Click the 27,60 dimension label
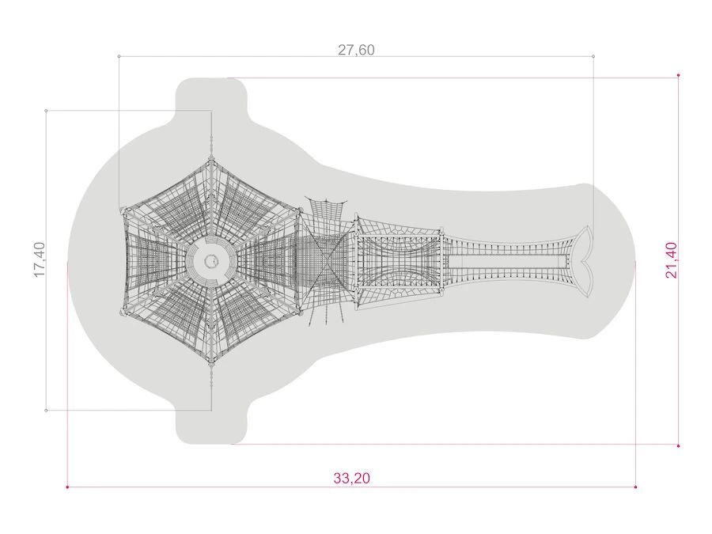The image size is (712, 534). [x=356, y=50]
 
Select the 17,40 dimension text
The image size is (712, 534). [x=40, y=259]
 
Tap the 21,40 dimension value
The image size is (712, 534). [x=671, y=259]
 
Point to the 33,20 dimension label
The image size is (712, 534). [x=351, y=478]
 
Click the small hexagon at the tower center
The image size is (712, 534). [x=210, y=261]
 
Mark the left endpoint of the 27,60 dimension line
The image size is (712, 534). [x=119, y=56]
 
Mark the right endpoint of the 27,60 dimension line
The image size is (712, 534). [x=593, y=56]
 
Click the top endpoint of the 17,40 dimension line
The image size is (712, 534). [x=46, y=110]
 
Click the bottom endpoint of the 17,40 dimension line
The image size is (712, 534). [x=46, y=411]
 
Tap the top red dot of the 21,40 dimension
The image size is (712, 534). [x=679, y=75]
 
